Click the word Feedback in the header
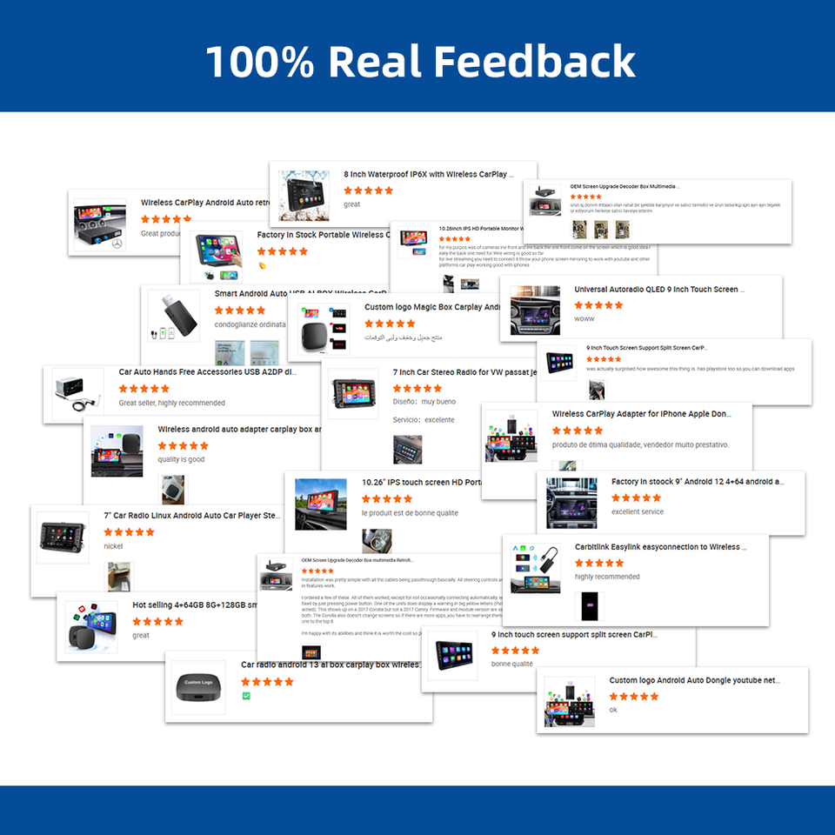click(x=534, y=62)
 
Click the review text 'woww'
click(x=584, y=319)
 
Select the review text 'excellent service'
click(x=638, y=511)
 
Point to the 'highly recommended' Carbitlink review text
click(x=607, y=577)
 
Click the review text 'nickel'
click(x=113, y=546)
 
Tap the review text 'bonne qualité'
click(x=512, y=664)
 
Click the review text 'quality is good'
click(x=181, y=459)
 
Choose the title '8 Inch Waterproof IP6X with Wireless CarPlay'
click(x=429, y=174)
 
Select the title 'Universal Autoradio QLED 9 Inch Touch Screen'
click(x=659, y=290)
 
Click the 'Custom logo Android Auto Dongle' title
click(x=694, y=680)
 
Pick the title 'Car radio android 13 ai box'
click(x=331, y=665)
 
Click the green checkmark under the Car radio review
click(x=246, y=696)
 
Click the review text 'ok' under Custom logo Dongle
click(x=613, y=710)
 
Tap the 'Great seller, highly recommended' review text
click(x=171, y=403)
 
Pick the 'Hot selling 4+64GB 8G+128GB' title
click(x=195, y=605)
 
